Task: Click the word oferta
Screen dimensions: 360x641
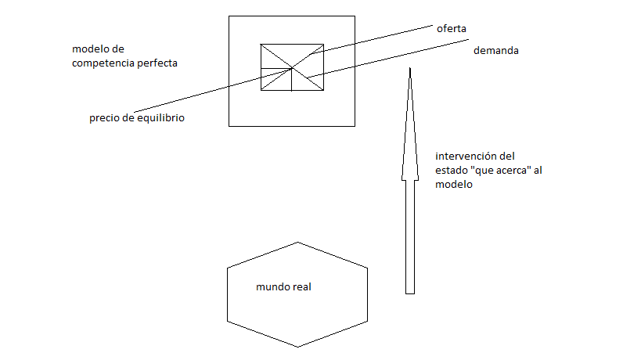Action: [x=452, y=29]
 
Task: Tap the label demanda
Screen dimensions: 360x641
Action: [x=497, y=51]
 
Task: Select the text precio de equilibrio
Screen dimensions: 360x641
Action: [x=138, y=119]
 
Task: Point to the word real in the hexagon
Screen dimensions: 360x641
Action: [x=302, y=286]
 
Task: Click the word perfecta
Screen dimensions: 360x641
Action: [x=156, y=63]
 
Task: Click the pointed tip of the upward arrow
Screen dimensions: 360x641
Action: [x=409, y=70]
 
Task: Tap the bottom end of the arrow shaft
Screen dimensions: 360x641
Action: [x=409, y=293]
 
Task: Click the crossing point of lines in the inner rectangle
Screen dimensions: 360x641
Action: [x=292, y=68]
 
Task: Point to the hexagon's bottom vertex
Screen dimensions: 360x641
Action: [x=297, y=347]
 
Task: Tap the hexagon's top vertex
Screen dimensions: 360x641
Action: [x=297, y=243]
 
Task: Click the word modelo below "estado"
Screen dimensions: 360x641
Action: [x=454, y=185]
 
